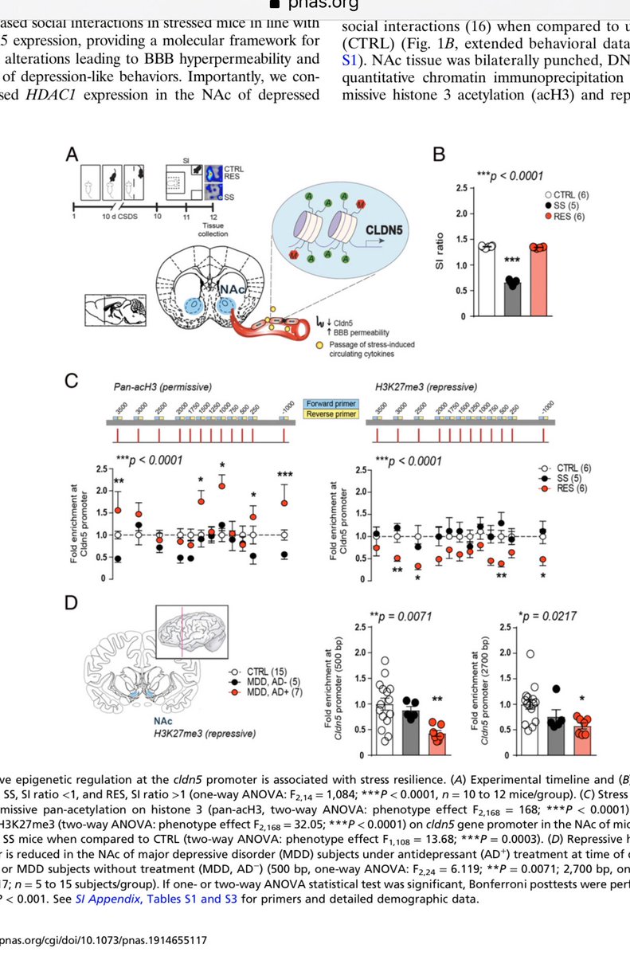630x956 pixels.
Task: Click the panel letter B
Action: [x=436, y=154]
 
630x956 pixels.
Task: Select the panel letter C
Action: [x=71, y=383]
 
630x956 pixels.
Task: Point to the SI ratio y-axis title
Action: [x=438, y=253]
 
